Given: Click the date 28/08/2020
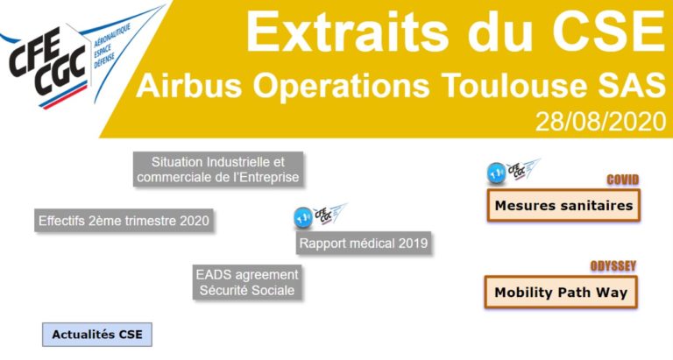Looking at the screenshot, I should click(x=600, y=122).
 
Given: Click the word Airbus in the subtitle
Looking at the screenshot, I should click(x=181, y=85).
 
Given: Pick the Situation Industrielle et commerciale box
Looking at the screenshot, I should click(x=218, y=169).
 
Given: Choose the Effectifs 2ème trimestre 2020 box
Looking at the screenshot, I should click(x=124, y=221).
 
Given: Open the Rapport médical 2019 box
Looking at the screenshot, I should click(x=364, y=244).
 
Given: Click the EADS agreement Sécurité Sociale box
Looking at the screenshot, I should click(x=246, y=281).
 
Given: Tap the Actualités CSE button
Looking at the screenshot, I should click(x=97, y=335).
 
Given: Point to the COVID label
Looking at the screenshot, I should click(x=623, y=180).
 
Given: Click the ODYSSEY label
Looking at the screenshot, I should click(x=614, y=265).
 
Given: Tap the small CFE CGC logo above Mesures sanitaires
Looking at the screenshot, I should click(x=514, y=171).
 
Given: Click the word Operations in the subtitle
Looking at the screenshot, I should click(x=332, y=85).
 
